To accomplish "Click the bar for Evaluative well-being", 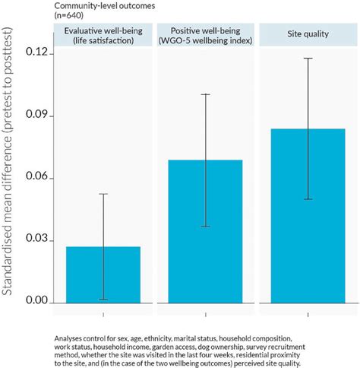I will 103,274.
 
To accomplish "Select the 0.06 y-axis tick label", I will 36,178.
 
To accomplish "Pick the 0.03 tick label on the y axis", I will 36,240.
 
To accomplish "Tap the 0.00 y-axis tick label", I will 36,303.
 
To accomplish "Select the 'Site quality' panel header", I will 308,34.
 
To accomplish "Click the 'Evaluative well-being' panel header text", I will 103,34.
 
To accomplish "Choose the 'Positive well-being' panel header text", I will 205,34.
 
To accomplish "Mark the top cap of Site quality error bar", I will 308,58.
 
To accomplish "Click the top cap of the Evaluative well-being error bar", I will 103,194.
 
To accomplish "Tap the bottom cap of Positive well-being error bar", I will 205,227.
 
